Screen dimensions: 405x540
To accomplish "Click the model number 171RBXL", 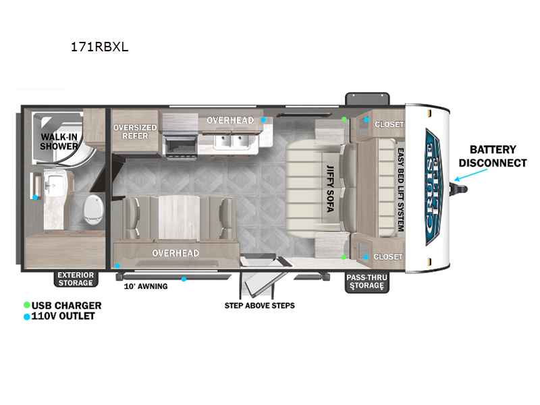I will (99, 48).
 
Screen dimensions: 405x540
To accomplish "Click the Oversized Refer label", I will (135, 131).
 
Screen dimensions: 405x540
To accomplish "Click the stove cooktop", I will (179, 144).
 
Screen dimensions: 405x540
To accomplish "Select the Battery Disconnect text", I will (493, 156).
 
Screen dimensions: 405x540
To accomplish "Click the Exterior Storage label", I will (76, 279).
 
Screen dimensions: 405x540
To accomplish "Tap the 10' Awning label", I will (145, 286).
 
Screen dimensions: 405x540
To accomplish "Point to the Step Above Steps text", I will (259, 305).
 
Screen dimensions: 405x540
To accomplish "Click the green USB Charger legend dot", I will (26, 305).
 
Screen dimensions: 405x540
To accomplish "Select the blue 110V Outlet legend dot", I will (26, 316).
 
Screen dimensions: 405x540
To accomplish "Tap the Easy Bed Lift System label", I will (400, 190).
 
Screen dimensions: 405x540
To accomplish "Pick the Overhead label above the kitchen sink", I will (230, 120).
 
